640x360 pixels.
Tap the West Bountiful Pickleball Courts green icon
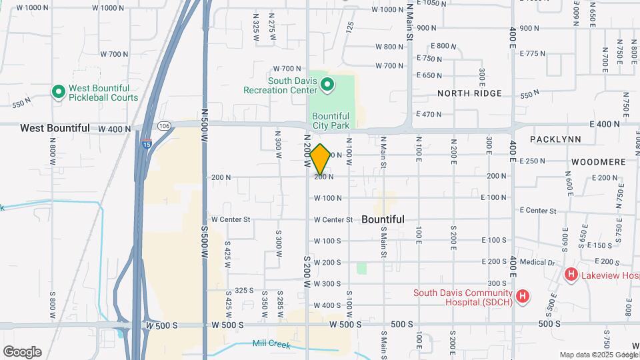58,91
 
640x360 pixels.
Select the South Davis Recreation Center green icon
327,84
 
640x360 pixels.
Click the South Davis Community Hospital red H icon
523,296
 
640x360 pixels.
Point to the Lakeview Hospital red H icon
571,274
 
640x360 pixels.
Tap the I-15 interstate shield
147,143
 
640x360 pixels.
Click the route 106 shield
163,126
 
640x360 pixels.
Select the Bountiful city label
383,219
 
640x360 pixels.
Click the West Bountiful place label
55,127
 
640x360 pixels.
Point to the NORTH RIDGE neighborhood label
469,93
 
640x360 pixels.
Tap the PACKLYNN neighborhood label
555,139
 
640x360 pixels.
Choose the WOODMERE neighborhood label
598,162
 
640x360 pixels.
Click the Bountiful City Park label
331,119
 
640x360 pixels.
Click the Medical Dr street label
537,262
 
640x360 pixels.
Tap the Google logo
22,351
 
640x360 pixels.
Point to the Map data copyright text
597,355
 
